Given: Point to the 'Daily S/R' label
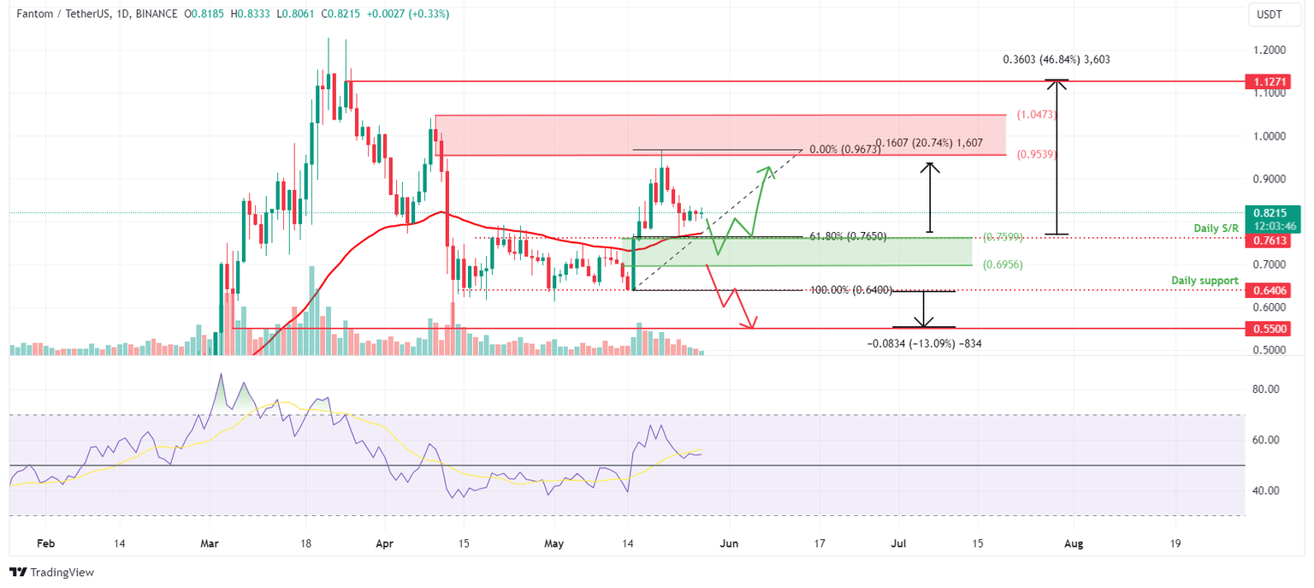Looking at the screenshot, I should coord(1216,229).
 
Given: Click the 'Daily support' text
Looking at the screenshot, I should coord(1204,281).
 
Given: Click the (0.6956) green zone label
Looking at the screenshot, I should coord(1002,264).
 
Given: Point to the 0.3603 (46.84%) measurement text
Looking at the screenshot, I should coord(1057,60).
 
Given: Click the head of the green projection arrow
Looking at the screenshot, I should coord(770,168).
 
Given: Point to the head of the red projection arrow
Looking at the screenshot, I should coord(752,326).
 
